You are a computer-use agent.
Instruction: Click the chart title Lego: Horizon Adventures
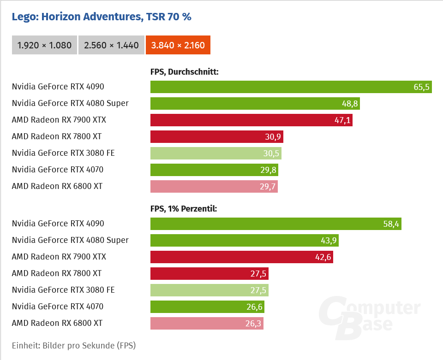(102, 17)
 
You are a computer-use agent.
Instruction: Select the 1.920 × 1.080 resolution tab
(44, 45)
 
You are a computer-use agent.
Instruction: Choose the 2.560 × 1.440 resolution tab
(111, 45)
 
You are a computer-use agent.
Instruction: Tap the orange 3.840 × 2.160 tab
(178, 45)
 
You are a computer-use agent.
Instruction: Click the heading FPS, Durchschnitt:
(184, 72)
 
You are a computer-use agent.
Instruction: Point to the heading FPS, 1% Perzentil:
(184, 209)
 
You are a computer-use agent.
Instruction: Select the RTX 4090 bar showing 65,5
(291, 87)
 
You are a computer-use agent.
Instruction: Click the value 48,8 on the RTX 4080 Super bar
(349, 104)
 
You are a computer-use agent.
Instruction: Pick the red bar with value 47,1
(251, 120)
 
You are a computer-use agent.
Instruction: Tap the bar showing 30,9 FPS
(216, 137)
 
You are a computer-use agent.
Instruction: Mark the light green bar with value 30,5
(216, 153)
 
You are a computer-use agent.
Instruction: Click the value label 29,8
(268, 170)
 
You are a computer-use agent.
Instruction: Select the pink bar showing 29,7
(214, 187)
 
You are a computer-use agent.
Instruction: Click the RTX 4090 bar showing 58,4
(275, 224)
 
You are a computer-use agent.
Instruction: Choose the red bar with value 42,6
(241, 257)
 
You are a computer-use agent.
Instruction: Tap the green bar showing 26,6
(207, 307)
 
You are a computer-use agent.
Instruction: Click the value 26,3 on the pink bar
(253, 324)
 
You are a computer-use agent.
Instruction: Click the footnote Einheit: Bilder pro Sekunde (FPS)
(74, 345)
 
